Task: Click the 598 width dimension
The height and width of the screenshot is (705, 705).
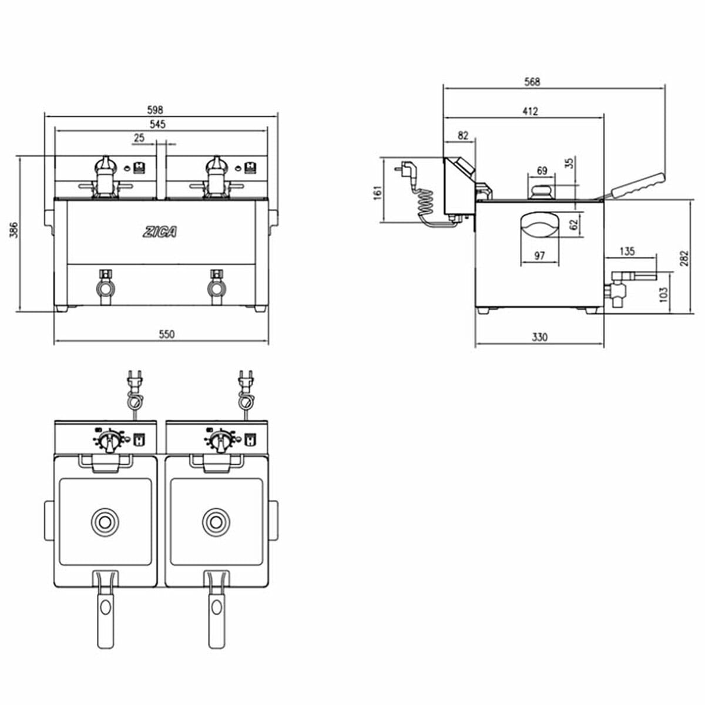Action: [155, 109]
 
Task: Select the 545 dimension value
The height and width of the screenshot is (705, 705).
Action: [157, 124]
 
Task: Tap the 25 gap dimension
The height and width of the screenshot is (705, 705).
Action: [139, 137]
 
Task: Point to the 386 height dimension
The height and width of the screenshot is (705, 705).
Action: [14, 230]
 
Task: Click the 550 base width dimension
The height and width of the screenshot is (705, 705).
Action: [166, 334]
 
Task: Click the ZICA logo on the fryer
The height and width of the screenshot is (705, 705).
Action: [160, 232]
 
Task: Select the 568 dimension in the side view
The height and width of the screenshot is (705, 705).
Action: [532, 82]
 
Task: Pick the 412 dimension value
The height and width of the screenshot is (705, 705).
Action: [530, 111]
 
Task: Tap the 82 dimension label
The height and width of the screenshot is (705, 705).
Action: [463, 135]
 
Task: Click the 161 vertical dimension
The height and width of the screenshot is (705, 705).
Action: [377, 193]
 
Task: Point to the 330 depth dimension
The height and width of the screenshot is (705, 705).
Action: [540, 337]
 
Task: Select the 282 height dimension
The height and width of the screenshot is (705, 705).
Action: [684, 258]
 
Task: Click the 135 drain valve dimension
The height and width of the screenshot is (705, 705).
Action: [627, 251]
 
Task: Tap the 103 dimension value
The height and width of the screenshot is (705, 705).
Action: [663, 294]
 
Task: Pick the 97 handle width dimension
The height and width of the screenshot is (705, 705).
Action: [540, 256]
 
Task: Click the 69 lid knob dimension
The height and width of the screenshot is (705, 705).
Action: [542, 170]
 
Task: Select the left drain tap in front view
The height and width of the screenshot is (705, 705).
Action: [106, 287]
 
